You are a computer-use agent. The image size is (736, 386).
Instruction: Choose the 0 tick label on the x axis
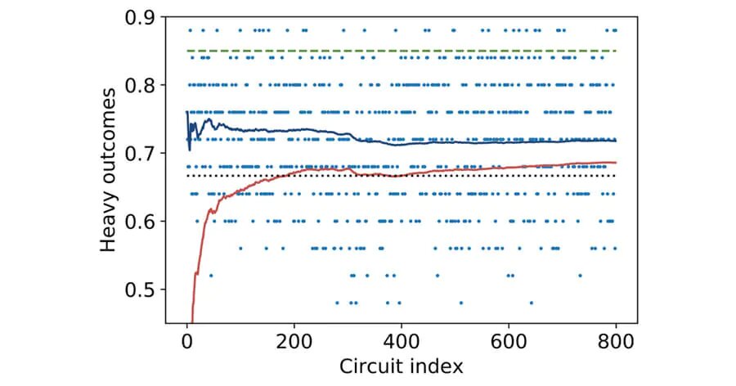[x=187, y=339]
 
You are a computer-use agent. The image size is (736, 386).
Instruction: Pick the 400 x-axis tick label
[x=402, y=339]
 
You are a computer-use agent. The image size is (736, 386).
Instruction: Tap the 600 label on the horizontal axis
[x=509, y=339]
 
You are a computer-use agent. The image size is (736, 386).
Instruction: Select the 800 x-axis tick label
[x=616, y=339]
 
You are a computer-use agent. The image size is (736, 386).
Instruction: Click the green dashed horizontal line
[x=409, y=51]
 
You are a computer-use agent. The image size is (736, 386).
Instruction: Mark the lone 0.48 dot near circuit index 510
[x=460, y=303]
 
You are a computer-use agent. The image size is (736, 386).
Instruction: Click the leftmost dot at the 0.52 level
[x=210, y=276]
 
